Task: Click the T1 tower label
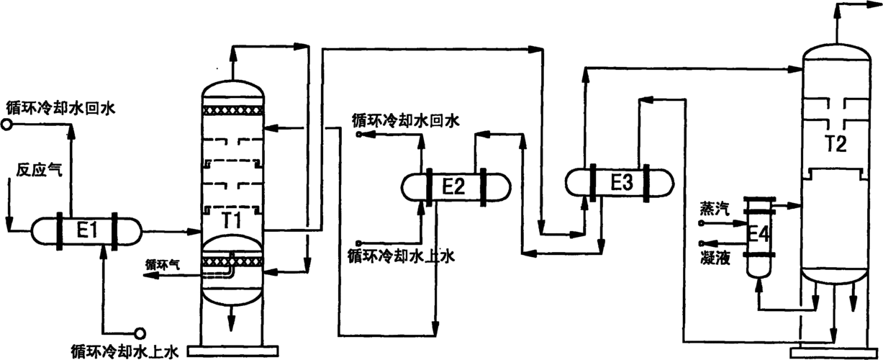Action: point(231,221)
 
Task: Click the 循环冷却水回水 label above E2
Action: point(406,120)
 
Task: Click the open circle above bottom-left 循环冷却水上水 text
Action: point(140,333)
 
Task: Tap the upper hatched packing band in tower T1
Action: point(232,109)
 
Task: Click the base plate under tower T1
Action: point(232,351)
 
